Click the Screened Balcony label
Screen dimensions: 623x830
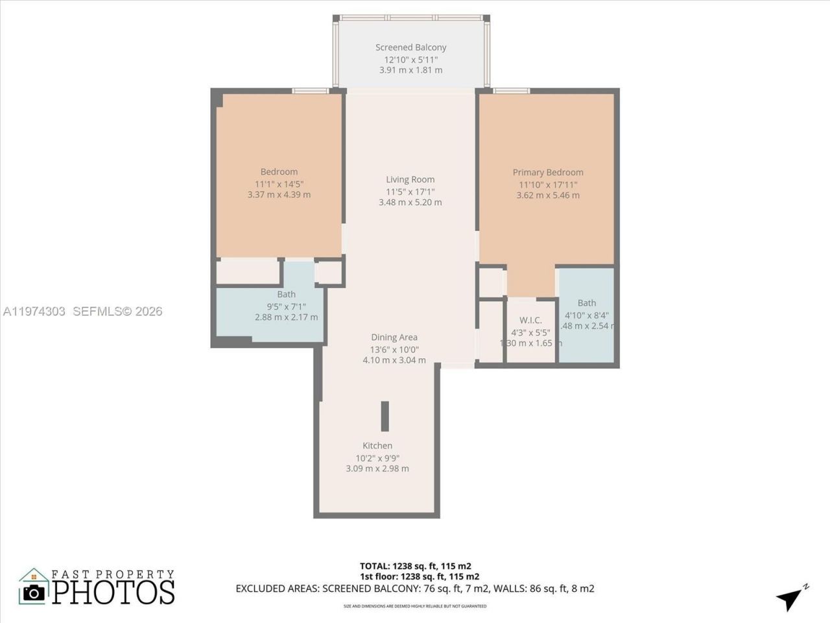pyautogui.click(x=410, y=47)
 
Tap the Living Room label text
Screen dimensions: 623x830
pyautogui.click(x=410, y=180)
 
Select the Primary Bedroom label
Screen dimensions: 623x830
pyautogui.click(x=548, y=173)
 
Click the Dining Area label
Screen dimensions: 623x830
pyautogui.click(x=394, y=337)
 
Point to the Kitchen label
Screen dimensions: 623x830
pyautogui.click(x=377, y=446)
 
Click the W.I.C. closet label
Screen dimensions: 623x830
pyautogui.click(x=530, y=321)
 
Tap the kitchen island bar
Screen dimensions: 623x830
pyautogui.click(x=385, y=416)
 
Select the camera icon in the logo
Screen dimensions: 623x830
pyautogui.click(x=34, y=592)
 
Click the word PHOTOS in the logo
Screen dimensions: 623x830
pyautogui.click(x=113, y=592)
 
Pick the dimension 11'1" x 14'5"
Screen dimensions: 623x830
pyautogui.click(x=279, y=184)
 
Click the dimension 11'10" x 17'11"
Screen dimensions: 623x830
pyautogui.click(x=548, y=184)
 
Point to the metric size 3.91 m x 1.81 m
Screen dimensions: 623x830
pyautogui.click(x=410, y=70)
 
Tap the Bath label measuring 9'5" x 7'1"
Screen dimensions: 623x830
pyautogui.click(x=286, y=295)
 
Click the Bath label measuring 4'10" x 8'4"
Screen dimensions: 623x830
pyautogui.click(x=586, y=303)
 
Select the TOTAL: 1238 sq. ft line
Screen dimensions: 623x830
pyautogui.click(x=420, y=566)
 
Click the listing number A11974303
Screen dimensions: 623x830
pyautogui.click(x=34, y=311)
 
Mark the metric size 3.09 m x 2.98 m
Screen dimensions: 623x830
pyautogui.click(x=377, y=469)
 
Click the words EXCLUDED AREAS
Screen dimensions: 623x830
pyautogui.click(x=277, y=589)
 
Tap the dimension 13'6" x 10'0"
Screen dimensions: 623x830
pyautogui.click(x=394, y=349)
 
